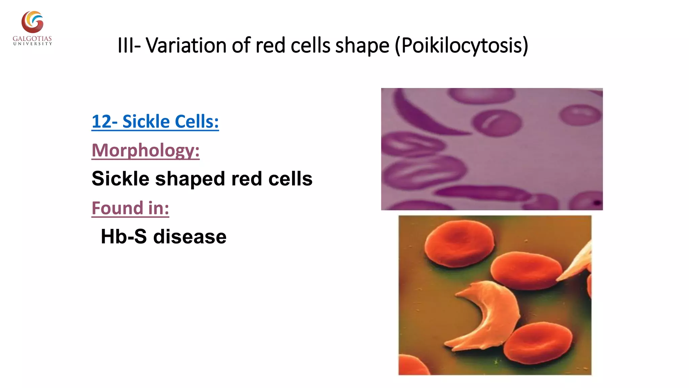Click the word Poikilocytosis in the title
point(464,45)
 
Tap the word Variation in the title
point(186,45)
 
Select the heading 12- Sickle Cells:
point(155,122)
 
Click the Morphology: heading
point(146,150)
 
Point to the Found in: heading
point(130,208)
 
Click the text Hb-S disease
point(164,236)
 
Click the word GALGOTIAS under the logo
point(32,39)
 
